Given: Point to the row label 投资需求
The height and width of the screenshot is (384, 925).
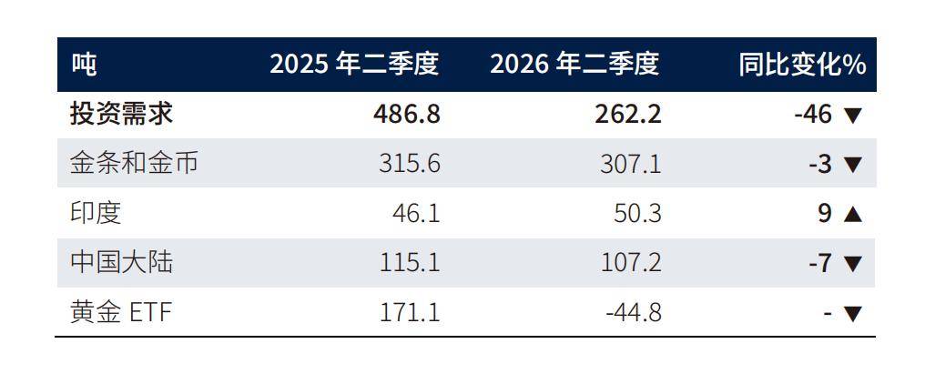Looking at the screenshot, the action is (121, 114).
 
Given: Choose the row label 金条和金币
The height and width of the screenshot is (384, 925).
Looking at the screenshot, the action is (134, 164).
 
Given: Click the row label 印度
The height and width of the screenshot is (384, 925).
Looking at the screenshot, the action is (96, 213).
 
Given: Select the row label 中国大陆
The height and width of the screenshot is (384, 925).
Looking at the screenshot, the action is (121, 262).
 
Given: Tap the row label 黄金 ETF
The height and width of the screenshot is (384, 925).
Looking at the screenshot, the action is (121, 312).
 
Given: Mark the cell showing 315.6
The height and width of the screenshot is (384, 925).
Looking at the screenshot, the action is (410, 164).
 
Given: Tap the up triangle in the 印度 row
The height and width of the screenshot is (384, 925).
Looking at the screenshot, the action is (853, 215).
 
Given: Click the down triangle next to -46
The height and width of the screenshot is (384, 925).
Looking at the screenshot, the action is (853, 116).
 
